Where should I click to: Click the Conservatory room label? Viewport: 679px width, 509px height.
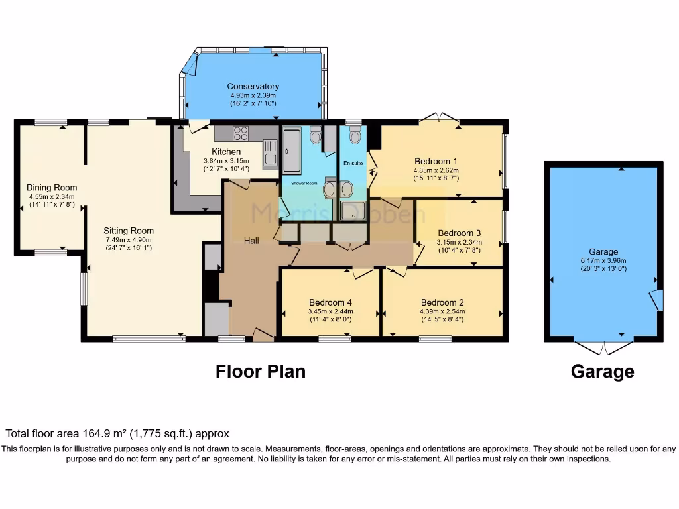point(253,86)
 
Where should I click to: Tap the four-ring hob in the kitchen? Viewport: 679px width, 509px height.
point(240,133)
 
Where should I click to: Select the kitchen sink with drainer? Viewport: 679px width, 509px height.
point(269,152)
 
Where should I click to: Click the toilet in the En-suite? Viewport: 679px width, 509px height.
point(355,137)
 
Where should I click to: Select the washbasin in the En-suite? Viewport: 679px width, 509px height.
point(345,188)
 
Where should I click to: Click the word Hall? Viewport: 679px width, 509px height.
point(251,241)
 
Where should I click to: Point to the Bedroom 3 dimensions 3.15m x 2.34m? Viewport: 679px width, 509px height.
point(459,243)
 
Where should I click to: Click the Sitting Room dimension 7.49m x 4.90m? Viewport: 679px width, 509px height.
point(128,240)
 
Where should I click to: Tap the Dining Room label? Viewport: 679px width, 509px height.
point(52,188)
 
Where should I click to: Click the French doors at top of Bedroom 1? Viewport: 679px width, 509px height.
point(439,117)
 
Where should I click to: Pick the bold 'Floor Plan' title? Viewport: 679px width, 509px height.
point(261,371)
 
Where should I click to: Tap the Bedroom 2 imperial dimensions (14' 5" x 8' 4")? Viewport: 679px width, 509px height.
point(442,319)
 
